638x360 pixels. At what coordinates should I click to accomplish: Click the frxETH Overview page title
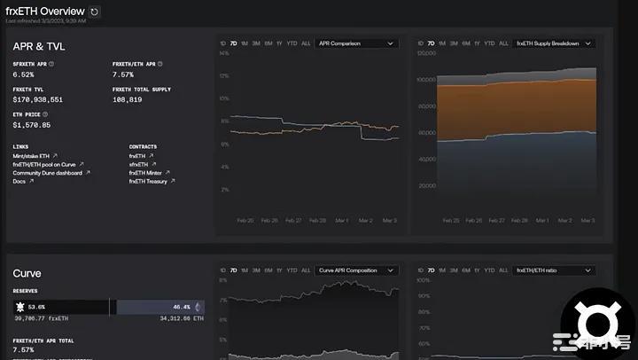coord(48,12)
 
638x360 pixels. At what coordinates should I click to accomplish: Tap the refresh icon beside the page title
coord(95,12)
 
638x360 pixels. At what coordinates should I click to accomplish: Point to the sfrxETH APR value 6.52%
coord(25,74)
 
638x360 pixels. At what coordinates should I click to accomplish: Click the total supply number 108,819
coord(128,99)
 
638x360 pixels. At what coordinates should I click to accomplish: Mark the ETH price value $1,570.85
coord(32,124)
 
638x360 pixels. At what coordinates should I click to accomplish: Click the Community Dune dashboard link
coord(48,172)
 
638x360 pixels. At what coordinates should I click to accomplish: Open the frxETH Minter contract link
coord(151,172)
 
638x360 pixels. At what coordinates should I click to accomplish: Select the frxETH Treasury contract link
coord(152,181)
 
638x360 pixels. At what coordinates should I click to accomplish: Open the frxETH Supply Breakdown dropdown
coord(554,43)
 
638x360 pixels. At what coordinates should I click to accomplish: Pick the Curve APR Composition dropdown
coord(357,270)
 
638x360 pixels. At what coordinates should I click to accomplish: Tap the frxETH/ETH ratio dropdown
coord(554,270)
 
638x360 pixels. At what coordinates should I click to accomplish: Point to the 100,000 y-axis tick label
coord(425,80)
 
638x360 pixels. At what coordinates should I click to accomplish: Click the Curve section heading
coord(27,273)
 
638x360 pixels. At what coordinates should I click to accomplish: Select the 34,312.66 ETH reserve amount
coord(182,317)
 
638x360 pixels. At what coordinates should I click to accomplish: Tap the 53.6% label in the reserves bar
coord(36,306)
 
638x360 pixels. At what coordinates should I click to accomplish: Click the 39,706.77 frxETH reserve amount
coord(43,317)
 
